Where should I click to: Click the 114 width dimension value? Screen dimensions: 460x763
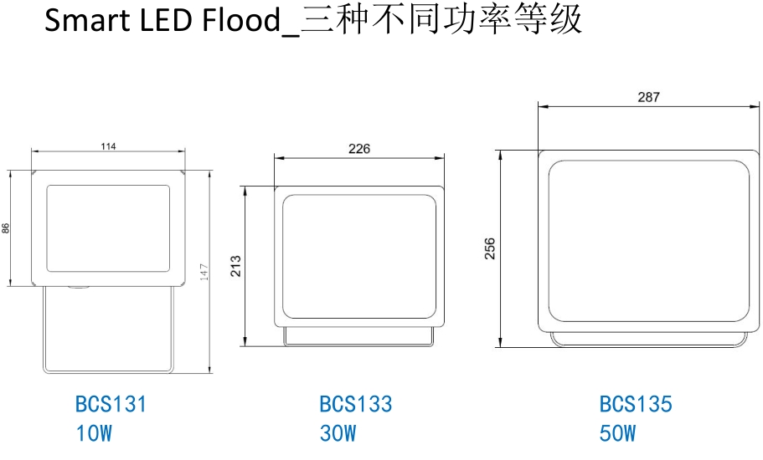tap(108, 146)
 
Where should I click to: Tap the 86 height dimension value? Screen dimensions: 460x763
tap(6, 227)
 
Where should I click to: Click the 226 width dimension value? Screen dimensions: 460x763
tap(358, 149)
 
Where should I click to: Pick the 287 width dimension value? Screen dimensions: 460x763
tap(648, 97)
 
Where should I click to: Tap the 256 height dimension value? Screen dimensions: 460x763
tap(491, 248)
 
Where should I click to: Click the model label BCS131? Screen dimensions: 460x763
tap(111, 405)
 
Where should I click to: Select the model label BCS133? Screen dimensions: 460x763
tap(355, 405)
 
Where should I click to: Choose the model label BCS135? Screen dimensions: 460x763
tap(636, 405)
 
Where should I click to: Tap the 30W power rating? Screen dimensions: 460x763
tap(338, 434)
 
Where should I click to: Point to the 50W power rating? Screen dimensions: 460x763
tap(618, 434)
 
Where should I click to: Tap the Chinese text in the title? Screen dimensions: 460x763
tap(441, 21)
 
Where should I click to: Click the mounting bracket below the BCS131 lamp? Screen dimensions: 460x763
tap(108, 330)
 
